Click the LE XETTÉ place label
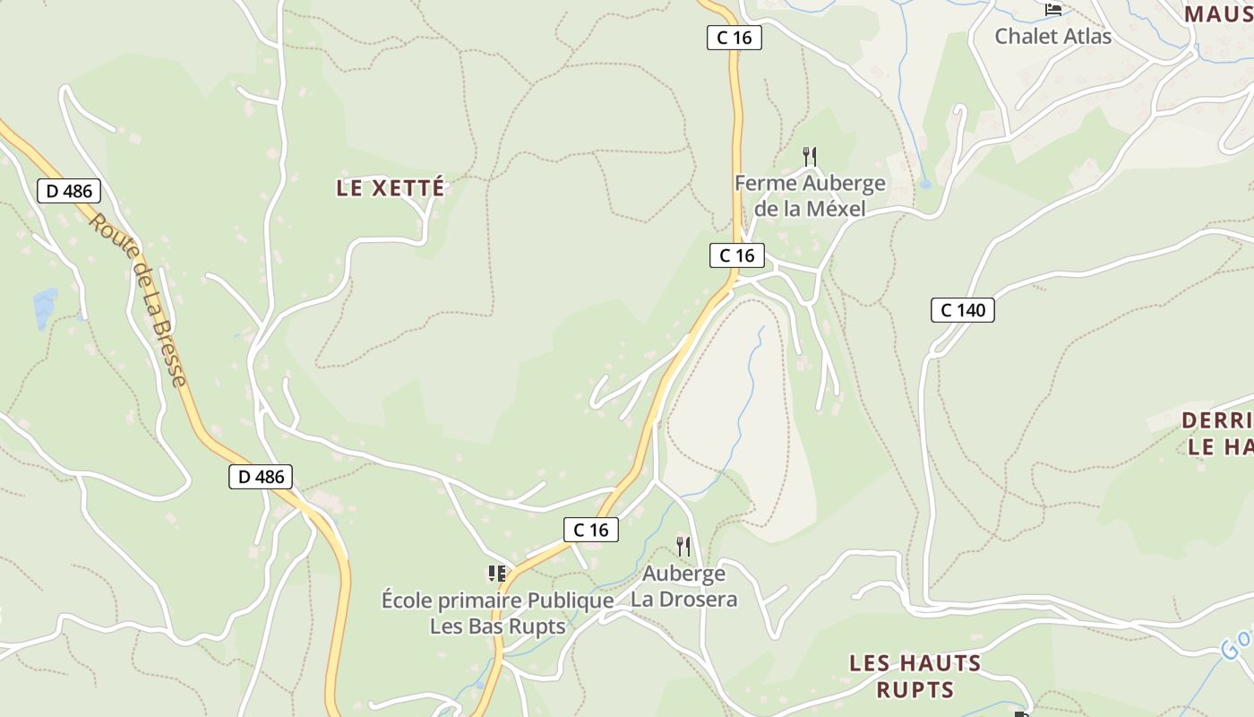(x=391, y=188)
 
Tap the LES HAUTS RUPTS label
(x=915, y=676)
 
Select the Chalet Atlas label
(x=1052, y=37)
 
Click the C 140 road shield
(x=963, y=310)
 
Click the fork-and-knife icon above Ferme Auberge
(x=810, y=157)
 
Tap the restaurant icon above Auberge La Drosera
(x=683, y=546)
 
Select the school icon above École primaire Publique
(x=497, y=574)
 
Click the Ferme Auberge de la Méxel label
(x=810, y=196)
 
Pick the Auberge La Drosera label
(x=683, y=586)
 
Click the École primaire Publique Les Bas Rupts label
(x=497, y=613)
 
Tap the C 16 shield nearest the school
(x=591, y=530)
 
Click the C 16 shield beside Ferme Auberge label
(x=737, y=255)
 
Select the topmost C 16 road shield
(x=734, y=38)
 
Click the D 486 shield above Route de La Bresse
(x=69, y=191)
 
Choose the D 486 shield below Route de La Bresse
(x=261, y=477)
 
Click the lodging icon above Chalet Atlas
(x=1053, y=9)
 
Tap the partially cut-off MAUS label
(x=1218, y=14)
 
